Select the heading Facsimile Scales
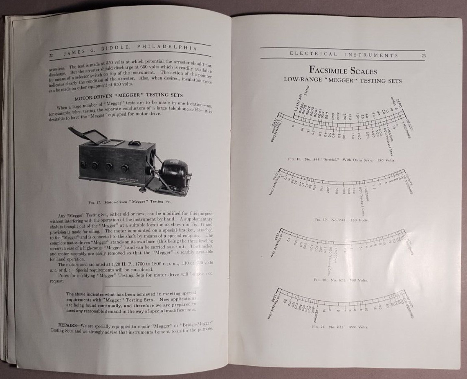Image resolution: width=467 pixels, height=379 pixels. pyautogui.click(x=343, y=70)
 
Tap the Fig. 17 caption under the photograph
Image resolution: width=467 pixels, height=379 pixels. pyautogui.click(x=129, y=202)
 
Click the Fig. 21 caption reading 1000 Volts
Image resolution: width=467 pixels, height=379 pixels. pyautogui.click(x=340, y=327)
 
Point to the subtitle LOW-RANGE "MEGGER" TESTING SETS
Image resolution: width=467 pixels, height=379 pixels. pyautogui.click(x=343, y=81)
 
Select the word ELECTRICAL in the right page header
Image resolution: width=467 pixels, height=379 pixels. pyautogui.click(x=313, y=54)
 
